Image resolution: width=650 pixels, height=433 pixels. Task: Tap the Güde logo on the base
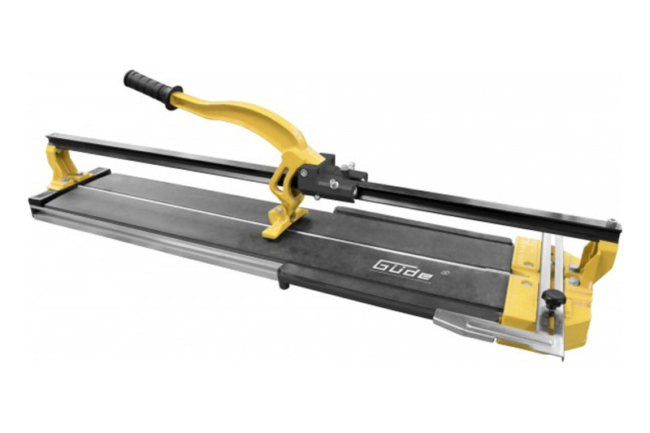pos(402,271)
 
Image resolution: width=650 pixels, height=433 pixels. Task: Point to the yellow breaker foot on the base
pos(284,222)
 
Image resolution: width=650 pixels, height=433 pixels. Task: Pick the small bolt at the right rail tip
pos(612,222)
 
